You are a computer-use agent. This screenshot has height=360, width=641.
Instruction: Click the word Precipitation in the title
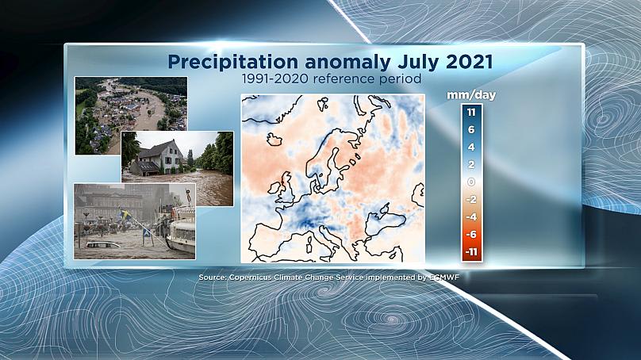(233, 62)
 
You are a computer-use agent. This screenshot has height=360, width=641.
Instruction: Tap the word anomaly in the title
(347, 63)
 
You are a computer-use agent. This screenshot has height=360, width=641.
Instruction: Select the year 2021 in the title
(470, 62)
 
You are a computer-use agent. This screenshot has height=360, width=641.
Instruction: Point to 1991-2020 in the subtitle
(275, 79)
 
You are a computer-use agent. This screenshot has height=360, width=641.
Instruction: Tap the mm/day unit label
(471, 95)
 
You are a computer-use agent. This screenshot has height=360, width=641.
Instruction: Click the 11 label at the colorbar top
(471, 112)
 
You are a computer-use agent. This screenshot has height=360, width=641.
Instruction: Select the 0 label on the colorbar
(471, 182)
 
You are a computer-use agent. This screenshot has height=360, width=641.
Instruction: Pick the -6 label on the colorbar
(471, 234)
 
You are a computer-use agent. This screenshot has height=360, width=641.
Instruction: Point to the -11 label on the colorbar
(471, 251)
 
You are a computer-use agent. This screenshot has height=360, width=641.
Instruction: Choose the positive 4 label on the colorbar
(471, 147)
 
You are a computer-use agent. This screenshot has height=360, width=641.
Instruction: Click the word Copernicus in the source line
(249, 277)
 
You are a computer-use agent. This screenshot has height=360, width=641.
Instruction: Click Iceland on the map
(274, 139)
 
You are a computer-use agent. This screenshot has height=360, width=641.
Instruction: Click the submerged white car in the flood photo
(103, 245)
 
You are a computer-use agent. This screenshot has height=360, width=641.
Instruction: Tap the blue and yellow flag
(125, 213)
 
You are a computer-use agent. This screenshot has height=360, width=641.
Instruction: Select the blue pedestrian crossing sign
(146, 235)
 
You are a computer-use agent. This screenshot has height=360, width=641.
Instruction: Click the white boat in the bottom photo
(182, 232)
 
